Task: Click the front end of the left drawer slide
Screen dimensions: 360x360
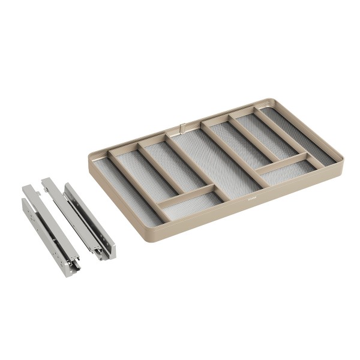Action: point(71,267)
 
